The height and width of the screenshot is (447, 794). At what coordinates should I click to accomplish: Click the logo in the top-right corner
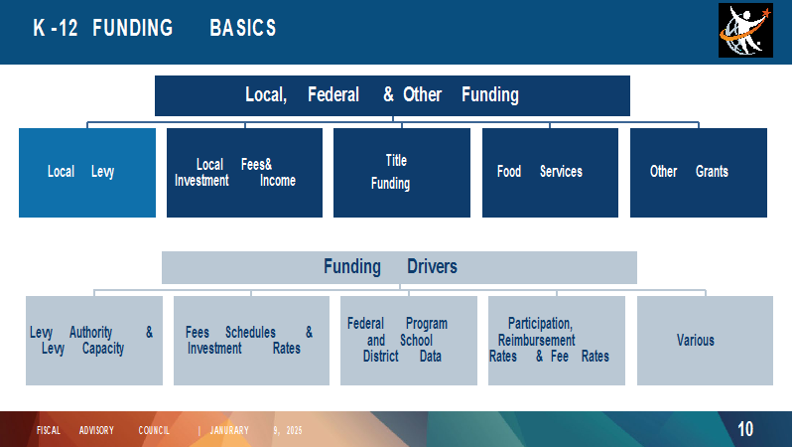point(745,31)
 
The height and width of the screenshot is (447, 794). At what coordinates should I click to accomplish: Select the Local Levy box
point(87,173)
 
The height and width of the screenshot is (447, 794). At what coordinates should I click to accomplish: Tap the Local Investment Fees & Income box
point(244,173)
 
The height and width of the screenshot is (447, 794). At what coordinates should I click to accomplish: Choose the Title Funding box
point(402,173)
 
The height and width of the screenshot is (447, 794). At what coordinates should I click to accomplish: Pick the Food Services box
point(550,173)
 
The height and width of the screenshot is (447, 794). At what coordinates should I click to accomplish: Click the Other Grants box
point(699,173)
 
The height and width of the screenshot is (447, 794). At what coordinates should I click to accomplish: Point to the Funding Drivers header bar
point(399,267)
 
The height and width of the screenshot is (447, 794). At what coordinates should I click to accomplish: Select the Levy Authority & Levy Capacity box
point(94,341)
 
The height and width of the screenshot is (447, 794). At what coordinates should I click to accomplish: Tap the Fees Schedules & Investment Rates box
point(251,341)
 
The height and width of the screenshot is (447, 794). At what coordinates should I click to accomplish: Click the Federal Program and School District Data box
point(409,341)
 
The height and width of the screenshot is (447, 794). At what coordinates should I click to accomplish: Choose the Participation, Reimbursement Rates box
point(557,341)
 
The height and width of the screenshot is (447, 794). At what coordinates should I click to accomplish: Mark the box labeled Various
point(705,341)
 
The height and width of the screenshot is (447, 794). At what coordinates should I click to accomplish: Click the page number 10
point(745,429)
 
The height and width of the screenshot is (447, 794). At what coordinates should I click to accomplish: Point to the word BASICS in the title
point(243,28)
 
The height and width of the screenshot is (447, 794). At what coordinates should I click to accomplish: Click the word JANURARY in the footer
point(229,430)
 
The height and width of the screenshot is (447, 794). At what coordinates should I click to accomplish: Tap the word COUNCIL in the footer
point(154,430)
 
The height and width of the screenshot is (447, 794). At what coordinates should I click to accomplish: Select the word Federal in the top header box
point(333,94)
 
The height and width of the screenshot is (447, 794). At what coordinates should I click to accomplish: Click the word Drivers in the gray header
point(432,266)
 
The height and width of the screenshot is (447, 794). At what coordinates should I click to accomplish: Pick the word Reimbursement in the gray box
point(536,340)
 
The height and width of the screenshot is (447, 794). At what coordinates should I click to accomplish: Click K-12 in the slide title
point(56,28)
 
